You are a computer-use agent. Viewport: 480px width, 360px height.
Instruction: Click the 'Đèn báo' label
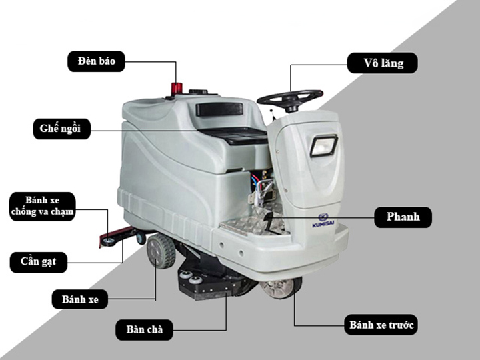pos(96,61)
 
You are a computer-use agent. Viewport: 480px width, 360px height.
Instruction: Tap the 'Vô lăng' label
pos(383,63)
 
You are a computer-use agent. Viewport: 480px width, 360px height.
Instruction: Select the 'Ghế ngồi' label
pos(61,129)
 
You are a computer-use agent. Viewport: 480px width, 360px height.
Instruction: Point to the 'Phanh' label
pos(403,217)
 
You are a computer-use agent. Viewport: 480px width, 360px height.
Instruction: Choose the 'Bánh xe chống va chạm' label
pos(42,206)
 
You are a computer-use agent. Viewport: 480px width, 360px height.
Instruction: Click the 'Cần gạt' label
pos(39,262)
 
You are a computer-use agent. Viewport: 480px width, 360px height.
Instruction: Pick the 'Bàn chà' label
pos(144,330)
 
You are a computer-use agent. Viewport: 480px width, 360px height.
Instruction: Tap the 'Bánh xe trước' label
pos(381,325)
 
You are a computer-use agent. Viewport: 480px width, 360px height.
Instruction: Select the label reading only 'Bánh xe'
pos(80,299)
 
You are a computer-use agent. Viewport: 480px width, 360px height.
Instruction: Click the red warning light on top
pos(177,89)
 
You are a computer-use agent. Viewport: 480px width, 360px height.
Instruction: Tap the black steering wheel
pos(290,99)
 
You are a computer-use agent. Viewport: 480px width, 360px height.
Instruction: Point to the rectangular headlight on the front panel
pos(323,146)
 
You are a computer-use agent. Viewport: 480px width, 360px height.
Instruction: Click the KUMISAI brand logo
pos(323,221)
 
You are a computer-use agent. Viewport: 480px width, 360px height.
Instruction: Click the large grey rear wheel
pos(161,251)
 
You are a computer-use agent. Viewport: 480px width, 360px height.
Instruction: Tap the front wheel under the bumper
pos(281,288)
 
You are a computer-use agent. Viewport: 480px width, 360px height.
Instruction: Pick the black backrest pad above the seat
pos(219,109)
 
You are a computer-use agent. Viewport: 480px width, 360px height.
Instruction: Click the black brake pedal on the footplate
pos(269,221)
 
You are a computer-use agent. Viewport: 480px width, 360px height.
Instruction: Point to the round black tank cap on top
pos(199,91)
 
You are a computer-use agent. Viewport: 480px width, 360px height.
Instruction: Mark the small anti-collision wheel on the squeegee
pos(109,241)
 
